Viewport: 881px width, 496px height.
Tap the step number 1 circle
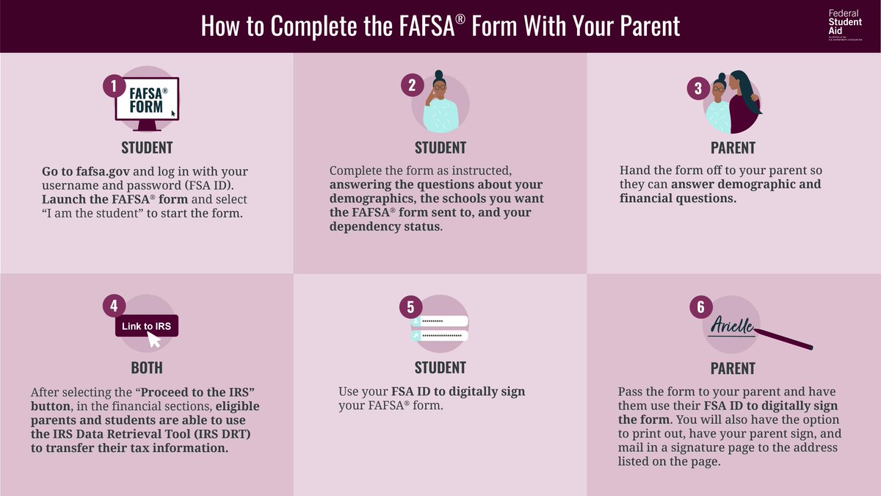[113, 87]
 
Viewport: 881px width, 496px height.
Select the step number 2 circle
[411, 85]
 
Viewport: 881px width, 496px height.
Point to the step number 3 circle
[698, 88]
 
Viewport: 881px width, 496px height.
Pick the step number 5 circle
[411, 306]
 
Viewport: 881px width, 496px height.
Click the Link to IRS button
[147, 326]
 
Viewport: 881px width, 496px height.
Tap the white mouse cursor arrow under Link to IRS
[154, 339]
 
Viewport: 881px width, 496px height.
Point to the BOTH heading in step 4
[147, 367]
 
